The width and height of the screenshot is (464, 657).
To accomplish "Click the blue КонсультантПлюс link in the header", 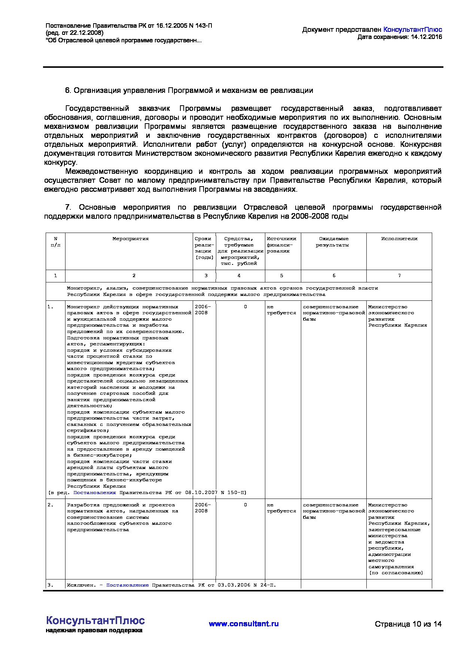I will pos(413,30).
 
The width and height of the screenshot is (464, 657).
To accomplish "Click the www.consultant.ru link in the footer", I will pos(244,624).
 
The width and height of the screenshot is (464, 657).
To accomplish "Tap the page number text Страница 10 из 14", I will pos(408,624).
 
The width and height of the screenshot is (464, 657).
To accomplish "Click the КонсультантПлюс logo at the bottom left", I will pos(95,620).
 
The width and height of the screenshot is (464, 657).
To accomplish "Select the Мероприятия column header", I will pos(131,239).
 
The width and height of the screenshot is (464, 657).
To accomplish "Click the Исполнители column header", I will pos(399,239).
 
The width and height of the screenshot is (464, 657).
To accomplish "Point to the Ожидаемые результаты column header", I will pos(333,242).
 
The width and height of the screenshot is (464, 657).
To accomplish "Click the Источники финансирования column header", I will pos(281,245).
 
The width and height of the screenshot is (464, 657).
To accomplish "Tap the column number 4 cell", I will pos(239,276).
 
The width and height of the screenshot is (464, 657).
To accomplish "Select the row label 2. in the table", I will pos(51,505).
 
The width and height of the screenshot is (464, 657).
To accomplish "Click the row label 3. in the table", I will pos(51,585).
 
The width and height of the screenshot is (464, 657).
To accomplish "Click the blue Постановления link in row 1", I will pos(95,493).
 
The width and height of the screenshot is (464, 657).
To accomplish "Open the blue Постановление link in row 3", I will pos(127,585).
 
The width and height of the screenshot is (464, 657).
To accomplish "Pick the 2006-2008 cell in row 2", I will pos(203,508).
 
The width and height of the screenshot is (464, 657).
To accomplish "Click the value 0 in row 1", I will pos(245,307).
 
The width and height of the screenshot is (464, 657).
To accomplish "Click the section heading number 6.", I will pos(68,91).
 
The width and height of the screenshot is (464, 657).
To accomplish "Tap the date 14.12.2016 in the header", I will pos(426,37).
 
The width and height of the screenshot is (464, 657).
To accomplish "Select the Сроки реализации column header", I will pos(204,248).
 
